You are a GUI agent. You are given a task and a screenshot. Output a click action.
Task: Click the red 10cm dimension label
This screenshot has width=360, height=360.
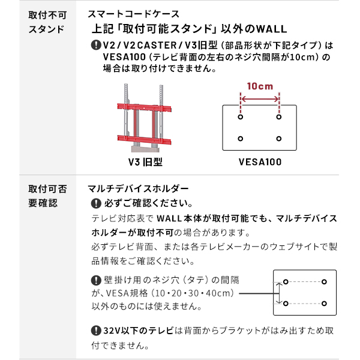260,86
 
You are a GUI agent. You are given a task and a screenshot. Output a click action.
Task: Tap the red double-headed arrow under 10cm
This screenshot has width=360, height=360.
260,99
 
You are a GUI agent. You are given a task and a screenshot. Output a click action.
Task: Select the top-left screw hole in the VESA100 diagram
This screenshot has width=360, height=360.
241,117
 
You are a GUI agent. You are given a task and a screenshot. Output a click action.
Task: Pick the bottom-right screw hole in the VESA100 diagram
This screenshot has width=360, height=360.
279,139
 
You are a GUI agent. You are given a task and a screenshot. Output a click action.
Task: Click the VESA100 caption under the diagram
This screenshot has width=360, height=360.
260,162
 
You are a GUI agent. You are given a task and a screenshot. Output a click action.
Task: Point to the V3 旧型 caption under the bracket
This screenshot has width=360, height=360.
145,162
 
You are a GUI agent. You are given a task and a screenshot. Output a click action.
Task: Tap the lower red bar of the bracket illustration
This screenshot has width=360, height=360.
144,140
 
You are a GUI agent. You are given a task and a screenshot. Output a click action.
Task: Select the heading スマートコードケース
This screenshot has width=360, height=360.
134,14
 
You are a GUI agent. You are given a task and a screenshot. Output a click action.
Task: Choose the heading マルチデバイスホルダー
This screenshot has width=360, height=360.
138,189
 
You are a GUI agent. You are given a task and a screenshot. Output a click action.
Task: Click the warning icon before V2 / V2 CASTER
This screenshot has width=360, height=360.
96,45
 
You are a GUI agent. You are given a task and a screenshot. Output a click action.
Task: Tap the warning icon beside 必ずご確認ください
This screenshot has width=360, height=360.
96,203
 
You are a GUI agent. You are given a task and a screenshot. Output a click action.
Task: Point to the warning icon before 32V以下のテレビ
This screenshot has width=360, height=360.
96,331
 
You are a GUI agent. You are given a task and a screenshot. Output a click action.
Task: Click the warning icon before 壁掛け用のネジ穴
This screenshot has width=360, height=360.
96,280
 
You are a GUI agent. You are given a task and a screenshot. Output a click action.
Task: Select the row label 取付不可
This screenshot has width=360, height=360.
47,16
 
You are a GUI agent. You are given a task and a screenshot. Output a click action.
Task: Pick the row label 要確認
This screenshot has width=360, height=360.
43,203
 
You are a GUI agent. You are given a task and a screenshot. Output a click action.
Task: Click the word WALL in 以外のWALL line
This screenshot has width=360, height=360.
271,29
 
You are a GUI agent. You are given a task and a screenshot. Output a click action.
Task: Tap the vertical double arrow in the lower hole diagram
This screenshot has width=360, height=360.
279,293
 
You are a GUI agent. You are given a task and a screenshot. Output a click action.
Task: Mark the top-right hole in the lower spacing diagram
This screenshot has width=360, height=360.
324,282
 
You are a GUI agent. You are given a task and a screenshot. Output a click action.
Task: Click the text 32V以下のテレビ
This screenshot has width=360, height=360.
138,331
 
